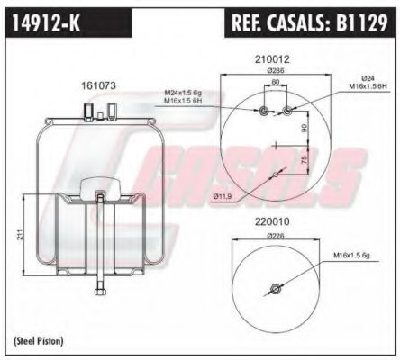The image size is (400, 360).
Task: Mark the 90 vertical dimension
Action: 304,129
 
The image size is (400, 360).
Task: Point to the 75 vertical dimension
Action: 304,159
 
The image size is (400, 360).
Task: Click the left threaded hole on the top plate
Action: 262,112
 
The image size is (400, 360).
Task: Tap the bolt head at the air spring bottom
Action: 98,290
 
